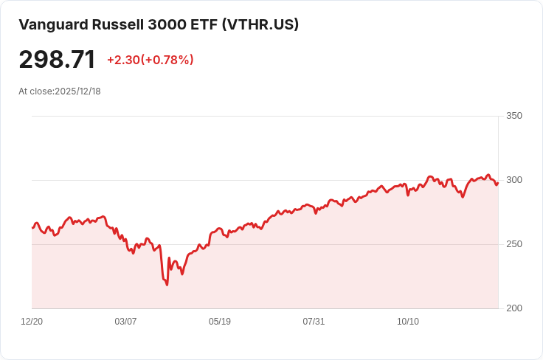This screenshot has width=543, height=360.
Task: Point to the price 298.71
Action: click(x=57, y=59)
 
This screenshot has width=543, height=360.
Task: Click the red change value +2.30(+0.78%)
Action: click(x=151, y=60)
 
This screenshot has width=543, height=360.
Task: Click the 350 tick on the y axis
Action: click(x=514, y=116)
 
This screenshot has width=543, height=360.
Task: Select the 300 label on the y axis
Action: click(x=514, y=180)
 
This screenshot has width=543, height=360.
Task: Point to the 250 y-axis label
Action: click(x=514, y=244)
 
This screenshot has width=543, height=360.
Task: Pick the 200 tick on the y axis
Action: click(x=514, y=308)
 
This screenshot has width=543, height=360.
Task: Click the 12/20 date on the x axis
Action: click(x=32, y=322)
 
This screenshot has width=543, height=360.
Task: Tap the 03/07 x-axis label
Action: click(x=125, y=322)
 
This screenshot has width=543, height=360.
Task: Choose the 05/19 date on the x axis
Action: click(x=220, y=322)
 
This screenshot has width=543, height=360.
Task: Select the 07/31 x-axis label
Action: click(x=314, y=322)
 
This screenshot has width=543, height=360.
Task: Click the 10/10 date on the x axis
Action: click(x=408, y=322)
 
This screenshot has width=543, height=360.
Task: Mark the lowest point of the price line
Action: click(x=167, y=285)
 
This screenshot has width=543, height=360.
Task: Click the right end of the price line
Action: click(x=498, y=183)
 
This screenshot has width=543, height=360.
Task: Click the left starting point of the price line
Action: click(x=32, y=228)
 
